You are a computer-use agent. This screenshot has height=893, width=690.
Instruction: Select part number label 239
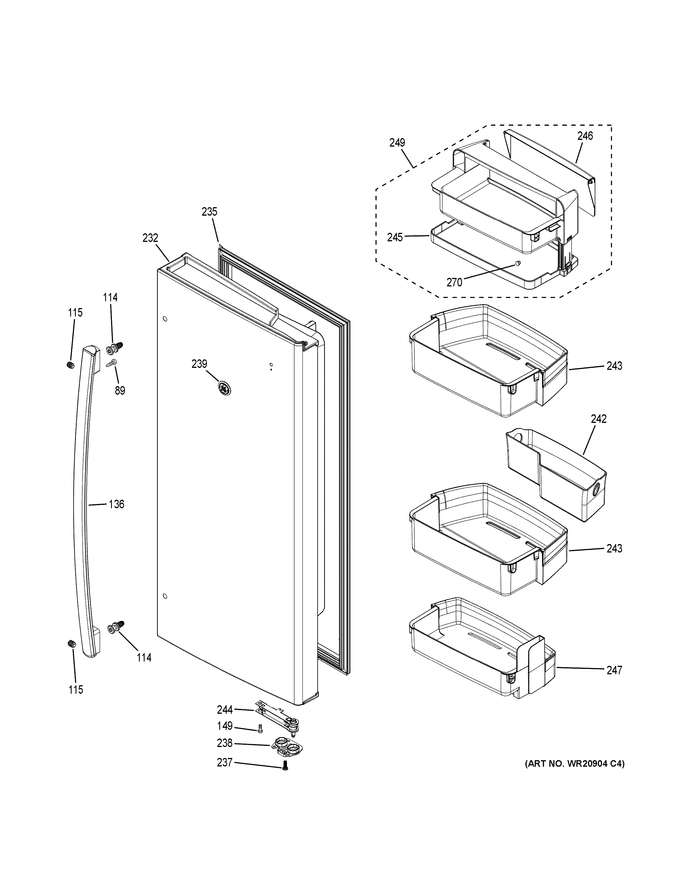(x=200, y=364)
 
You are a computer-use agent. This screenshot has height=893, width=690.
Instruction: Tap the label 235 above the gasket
(x=209, y=212)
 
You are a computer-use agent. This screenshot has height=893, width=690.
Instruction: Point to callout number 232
(x=151, y=238)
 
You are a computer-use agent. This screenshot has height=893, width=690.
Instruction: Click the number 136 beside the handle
(x=116, y=504)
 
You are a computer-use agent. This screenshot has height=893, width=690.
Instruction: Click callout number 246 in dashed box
(x=585, y=136)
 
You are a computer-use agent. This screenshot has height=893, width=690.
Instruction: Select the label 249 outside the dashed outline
(x=397, y=143)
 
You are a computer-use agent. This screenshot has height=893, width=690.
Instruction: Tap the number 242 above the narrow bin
(x=598, y=419)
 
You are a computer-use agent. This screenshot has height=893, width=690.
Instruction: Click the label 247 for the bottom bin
(x=614, y=670)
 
